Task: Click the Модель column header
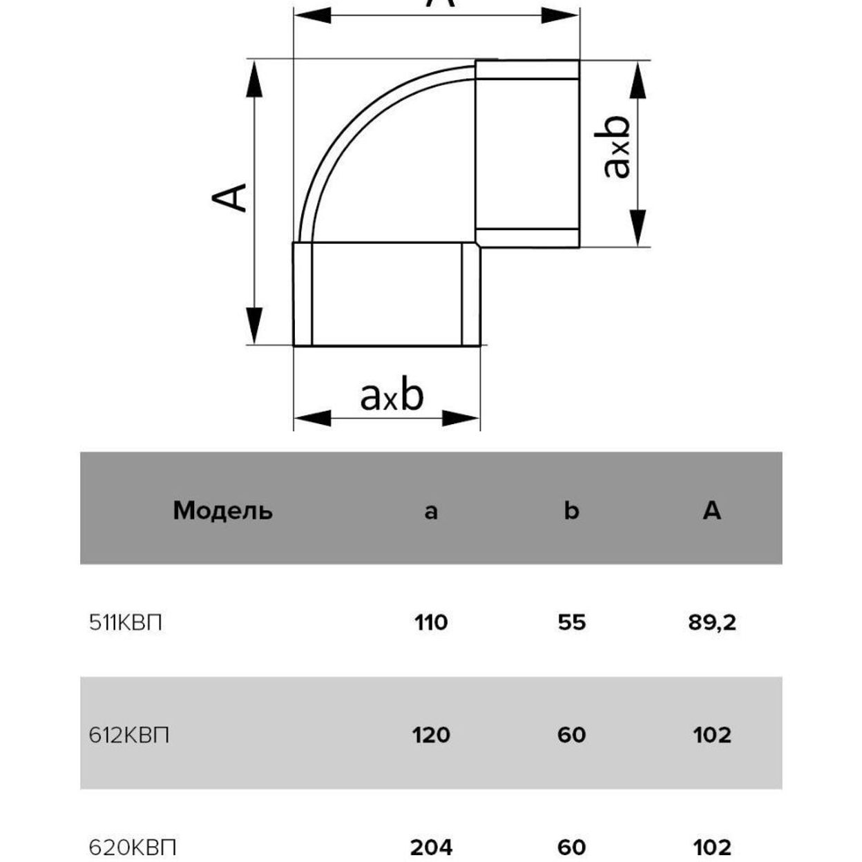pos(222,511)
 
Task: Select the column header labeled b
pos(571,510)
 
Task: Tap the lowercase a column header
pos(430,513)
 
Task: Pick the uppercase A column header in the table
pos(711,510)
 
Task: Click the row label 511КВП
pos(125,623)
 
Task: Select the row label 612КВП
pos(129,736)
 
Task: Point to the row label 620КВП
pos(133,847)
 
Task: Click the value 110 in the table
pos(431,623)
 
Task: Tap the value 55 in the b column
pos(572,623)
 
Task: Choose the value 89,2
pos(712,623)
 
